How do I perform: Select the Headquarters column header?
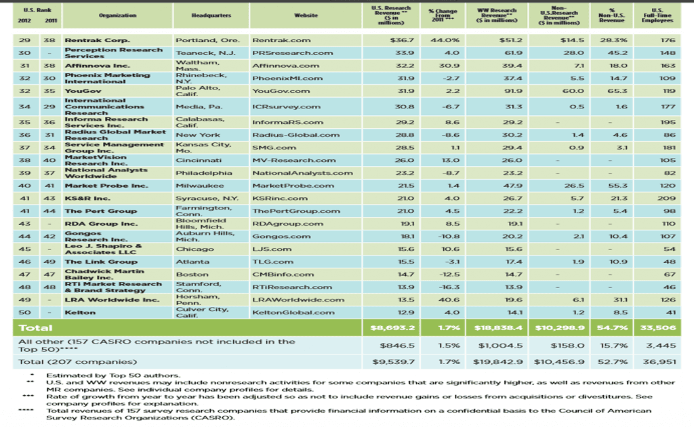coord(211,15)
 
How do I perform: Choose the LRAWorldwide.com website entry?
coord(298,300)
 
